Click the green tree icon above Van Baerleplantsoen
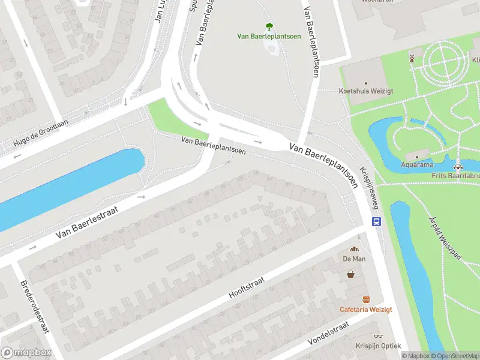click(x=269, y=26)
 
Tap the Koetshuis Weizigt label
click(x=366, y=91)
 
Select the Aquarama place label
click(x=419, y=163)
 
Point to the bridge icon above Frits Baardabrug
click(x=459, y=167)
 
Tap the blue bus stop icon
click(x=376, y=221)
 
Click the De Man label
click(x=355, y=259)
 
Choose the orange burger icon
click(x=366, y=299)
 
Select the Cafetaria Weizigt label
click(x=366, y=309)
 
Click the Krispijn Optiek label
click(x=378, y=346)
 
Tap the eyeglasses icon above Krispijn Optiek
click(x=378, y=337)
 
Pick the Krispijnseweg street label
click(x=369, y=186)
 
